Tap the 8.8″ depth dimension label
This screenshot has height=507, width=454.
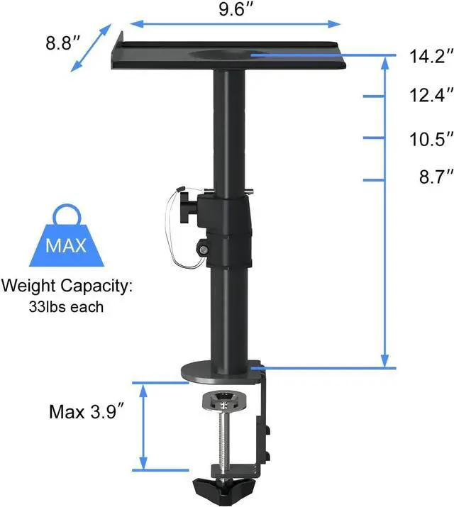(61, 43)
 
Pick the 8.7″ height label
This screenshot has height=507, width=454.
(431, 178)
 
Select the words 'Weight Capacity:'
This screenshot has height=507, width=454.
(67, 287)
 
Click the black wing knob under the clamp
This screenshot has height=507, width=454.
(227, 487)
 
